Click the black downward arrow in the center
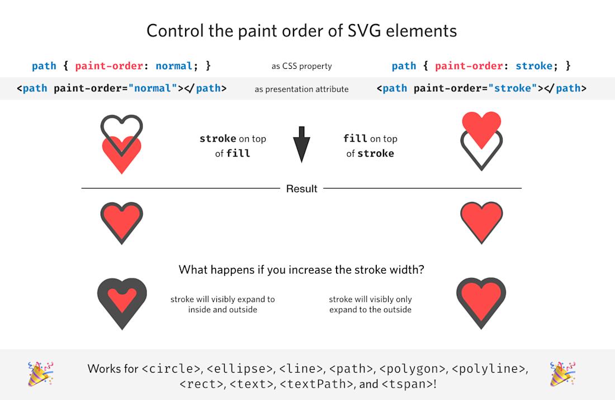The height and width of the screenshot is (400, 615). tap(301, 145)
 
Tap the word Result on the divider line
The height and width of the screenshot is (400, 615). tap(301, 189)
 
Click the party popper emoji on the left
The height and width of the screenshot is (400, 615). tap(41, 374)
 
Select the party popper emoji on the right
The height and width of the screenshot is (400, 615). tap(563, 374)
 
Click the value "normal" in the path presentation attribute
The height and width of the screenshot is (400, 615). tap(152, 88)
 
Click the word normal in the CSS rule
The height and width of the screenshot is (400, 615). tap(174, 66)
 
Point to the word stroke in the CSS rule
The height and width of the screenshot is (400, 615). tap(534, 66)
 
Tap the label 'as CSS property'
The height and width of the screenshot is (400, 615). tap(301, 66)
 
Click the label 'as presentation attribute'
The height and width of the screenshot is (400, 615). tap(301, 89)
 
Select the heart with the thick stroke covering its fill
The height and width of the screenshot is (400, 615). tap(122, 302)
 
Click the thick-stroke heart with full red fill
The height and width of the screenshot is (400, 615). tap(481, 302)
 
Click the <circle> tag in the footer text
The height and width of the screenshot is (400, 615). tap(171, 369)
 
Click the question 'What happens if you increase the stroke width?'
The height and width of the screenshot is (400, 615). tap(301, 270)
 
